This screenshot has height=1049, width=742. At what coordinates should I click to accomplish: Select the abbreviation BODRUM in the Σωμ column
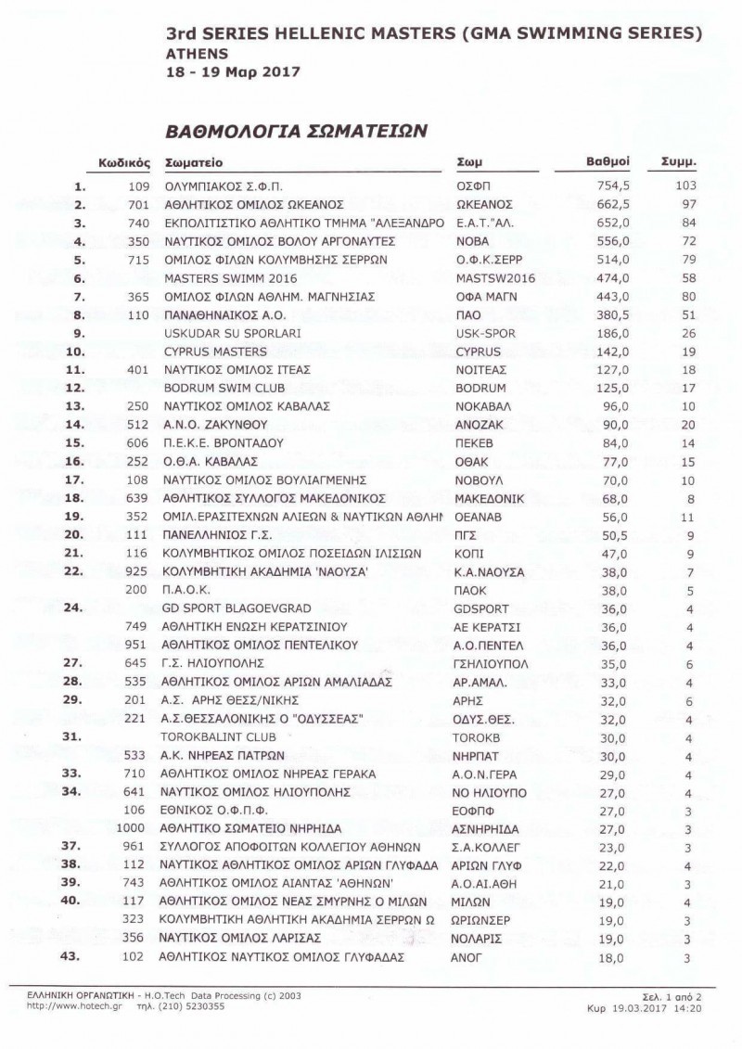tap(480, 387)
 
